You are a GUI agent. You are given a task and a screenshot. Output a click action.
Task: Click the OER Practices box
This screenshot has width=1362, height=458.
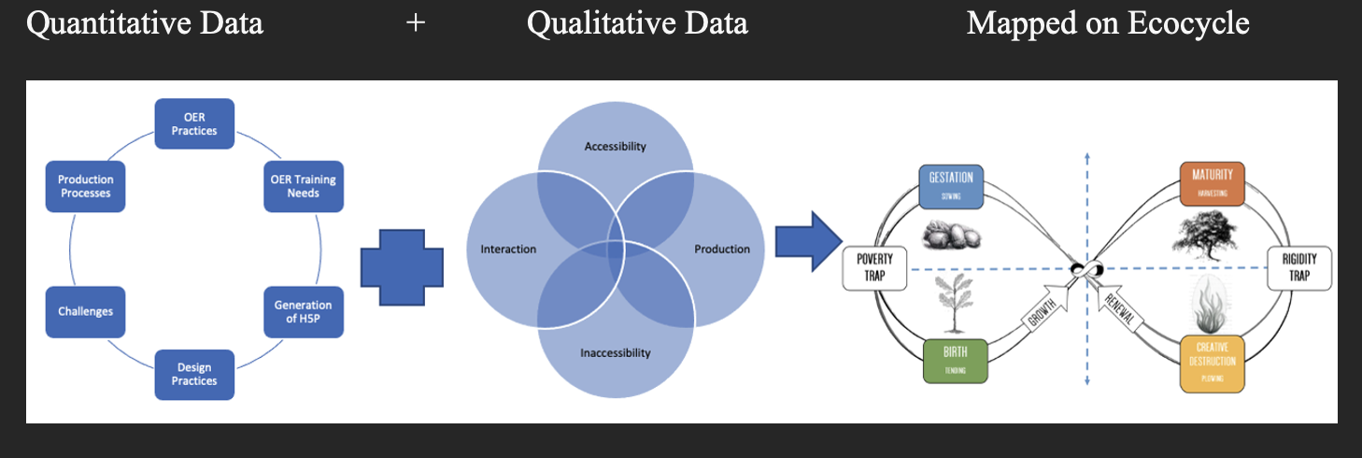pyautogui.click(x=194, y=124)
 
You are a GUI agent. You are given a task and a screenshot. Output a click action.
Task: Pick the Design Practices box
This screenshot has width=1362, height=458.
pyautogui.click(x=194, y=374)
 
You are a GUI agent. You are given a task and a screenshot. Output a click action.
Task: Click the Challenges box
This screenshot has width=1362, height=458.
pyautogui.click(x=86, y=312)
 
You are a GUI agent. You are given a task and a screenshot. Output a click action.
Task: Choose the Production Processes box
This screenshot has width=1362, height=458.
pyautogui.click(x=86, y=186)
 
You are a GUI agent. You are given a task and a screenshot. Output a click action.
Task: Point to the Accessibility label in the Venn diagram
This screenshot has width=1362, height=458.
pyautogui.click(x=615, y=147)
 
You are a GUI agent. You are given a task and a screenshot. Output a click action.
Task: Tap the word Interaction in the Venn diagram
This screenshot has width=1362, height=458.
pyautogui.click(x=508, y=250)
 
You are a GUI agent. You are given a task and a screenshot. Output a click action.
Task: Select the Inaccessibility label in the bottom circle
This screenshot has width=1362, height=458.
pyautogui.click(x=615, y=352)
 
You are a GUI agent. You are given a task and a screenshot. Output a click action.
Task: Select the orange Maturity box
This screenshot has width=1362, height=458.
pyautogui.click(x=1212, y=183)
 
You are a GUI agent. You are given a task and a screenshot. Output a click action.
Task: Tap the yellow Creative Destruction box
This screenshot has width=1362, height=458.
pyautogui.click(x=1212, y=363)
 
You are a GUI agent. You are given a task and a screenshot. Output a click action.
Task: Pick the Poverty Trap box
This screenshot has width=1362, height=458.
pyautogui.click(x=874, y=267)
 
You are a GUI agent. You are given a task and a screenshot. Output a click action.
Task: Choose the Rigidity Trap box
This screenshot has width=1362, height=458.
pyautogui.click(x=1299, y=267)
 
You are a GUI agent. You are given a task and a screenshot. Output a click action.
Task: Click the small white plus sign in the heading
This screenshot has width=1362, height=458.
pyautogui.click(x=416, y=23)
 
